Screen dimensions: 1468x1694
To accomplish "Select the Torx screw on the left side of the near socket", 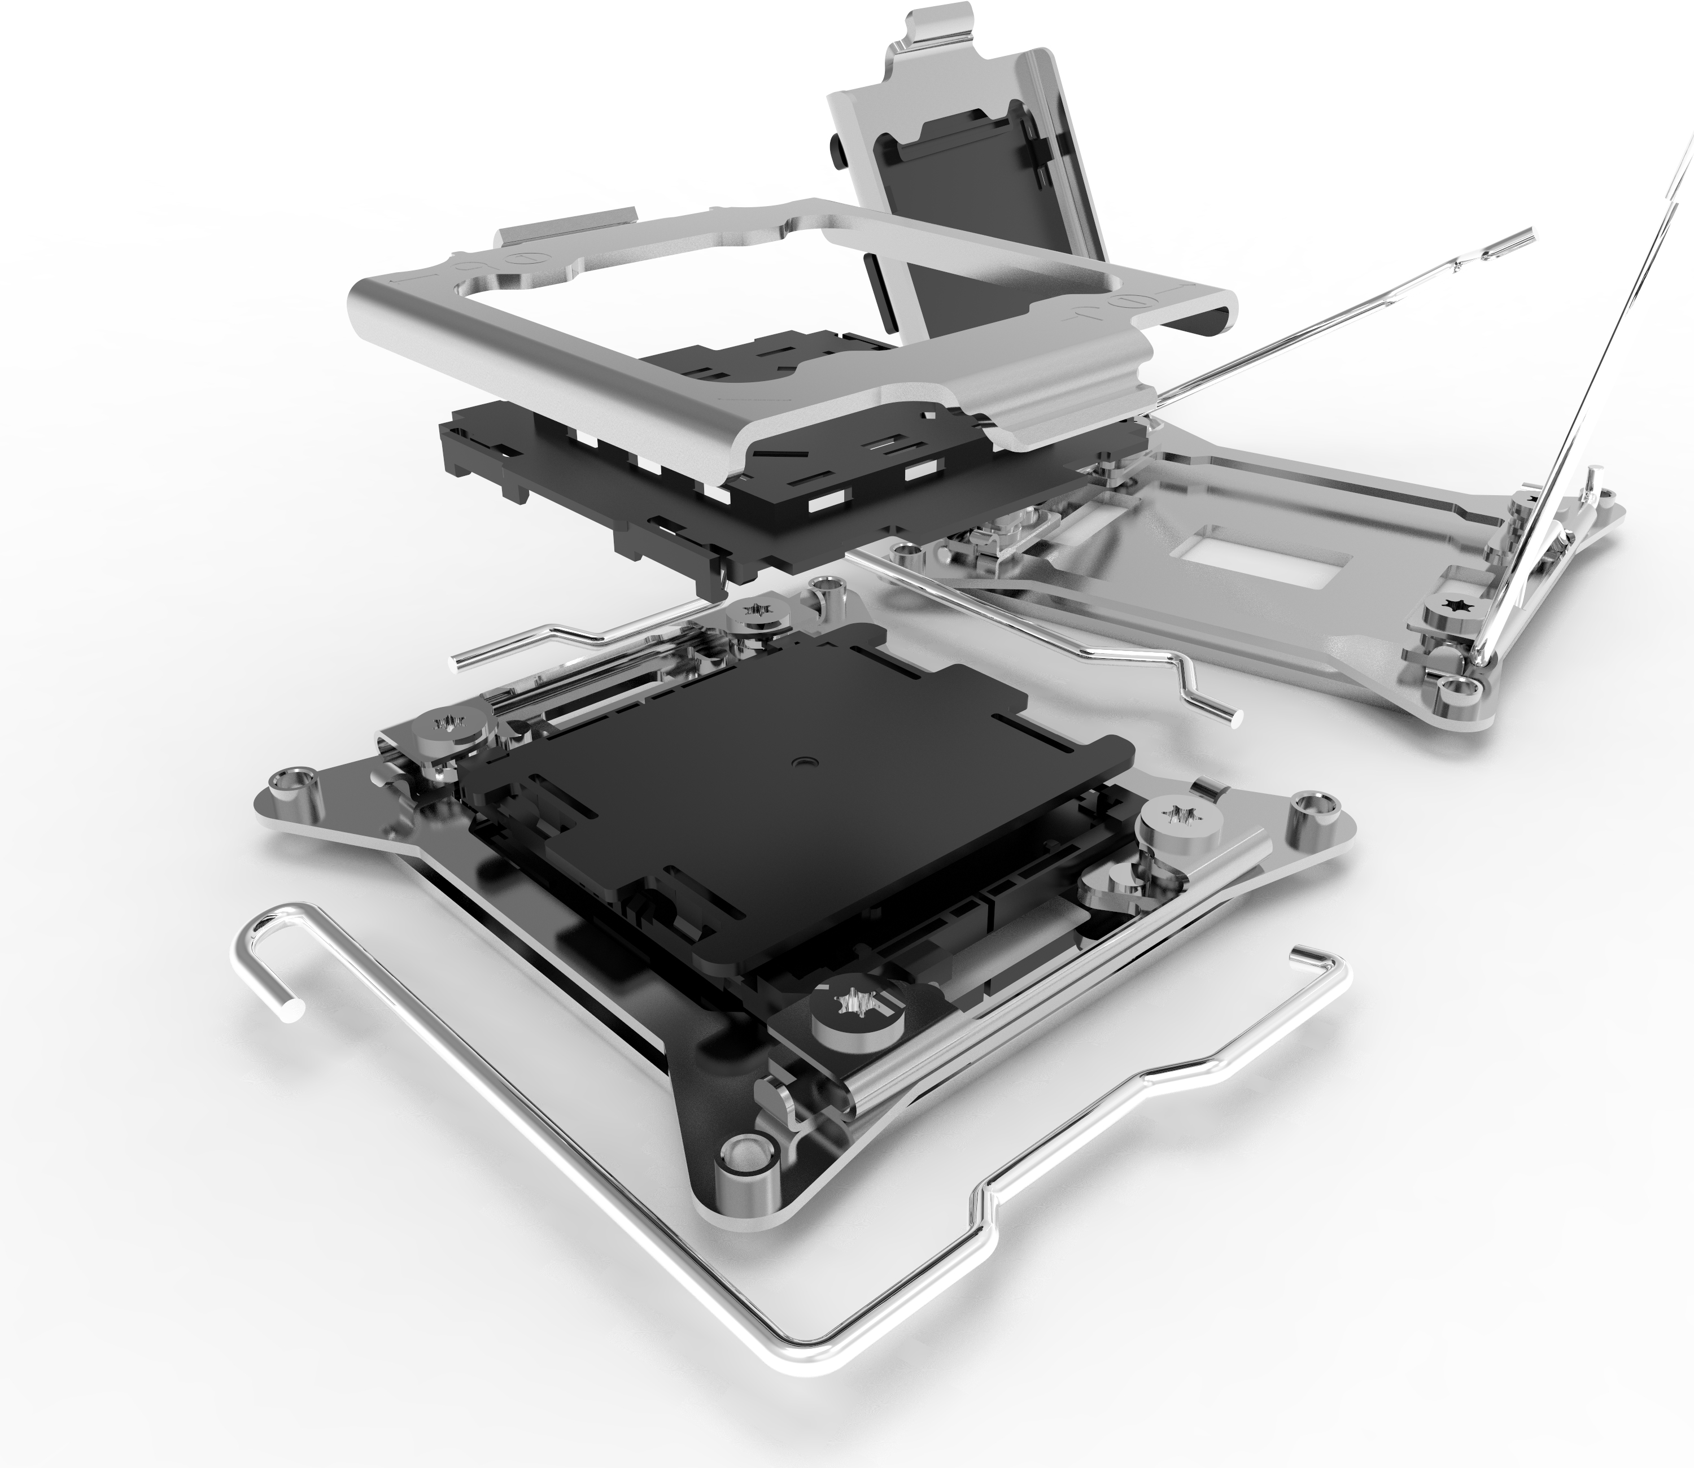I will [447, 724].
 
